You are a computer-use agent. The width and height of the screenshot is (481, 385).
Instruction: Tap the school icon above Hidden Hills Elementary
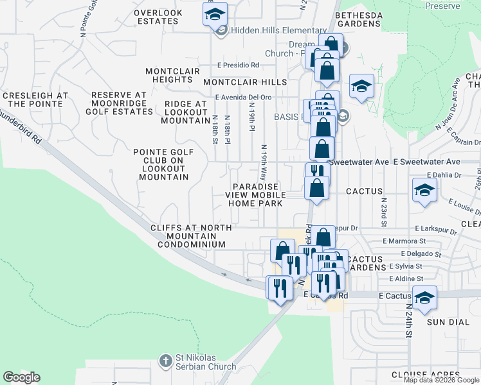[215, 13]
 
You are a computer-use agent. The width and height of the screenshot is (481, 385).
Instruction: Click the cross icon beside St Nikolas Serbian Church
[166, 360]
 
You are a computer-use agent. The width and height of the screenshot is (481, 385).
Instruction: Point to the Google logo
[21, 377]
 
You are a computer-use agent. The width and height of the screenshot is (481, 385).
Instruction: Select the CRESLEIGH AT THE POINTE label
[35, 99]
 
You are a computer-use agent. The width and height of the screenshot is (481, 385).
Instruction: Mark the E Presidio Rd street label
[237, 65]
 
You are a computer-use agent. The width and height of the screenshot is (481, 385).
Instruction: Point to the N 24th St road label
[408, 321]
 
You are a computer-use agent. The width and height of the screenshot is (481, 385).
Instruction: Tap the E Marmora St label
[404, 241]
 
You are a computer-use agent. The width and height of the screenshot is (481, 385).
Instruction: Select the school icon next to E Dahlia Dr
[425, 190]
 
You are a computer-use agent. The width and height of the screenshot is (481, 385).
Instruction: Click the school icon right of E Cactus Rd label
[424, 298]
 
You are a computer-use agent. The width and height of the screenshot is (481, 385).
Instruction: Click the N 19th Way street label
[264, 162]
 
